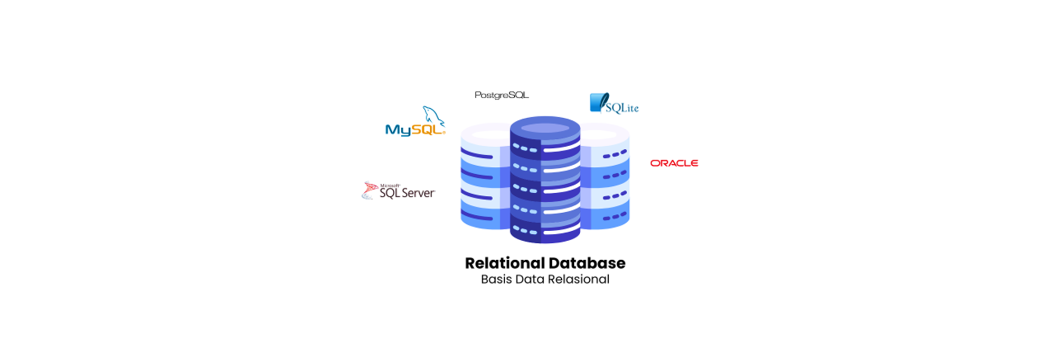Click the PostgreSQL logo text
click(501, 95)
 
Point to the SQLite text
click(622, 108)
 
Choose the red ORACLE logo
click(674, 163)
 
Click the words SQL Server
click(407, 193)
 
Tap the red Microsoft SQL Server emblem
click(369, 190)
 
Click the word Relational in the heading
click(504, 263)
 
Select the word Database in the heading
click(587, 263)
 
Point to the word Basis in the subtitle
click(496, 279)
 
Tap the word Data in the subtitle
click(530, 279)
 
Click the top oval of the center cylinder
click(545, 128)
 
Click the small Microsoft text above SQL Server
click(390, 186)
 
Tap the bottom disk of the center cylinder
click(545, 232)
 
